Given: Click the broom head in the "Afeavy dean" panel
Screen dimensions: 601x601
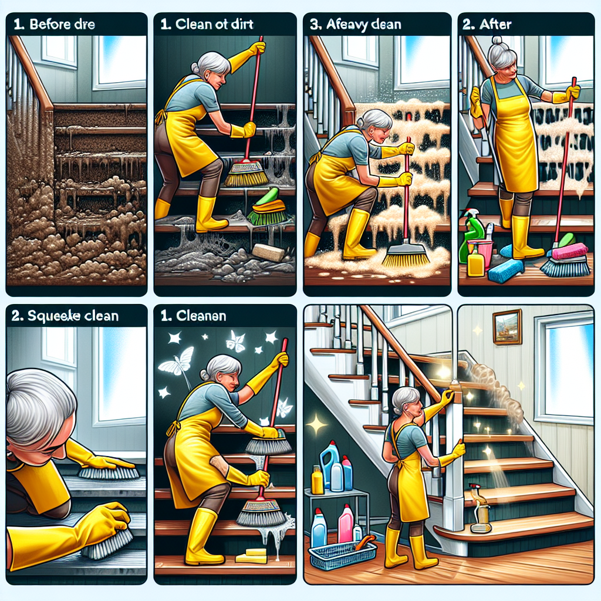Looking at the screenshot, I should click(405, 255).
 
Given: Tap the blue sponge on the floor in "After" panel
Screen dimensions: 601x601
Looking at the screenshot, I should click(504, 270).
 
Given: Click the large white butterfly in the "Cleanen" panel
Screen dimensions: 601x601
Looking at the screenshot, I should click(177, 360).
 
